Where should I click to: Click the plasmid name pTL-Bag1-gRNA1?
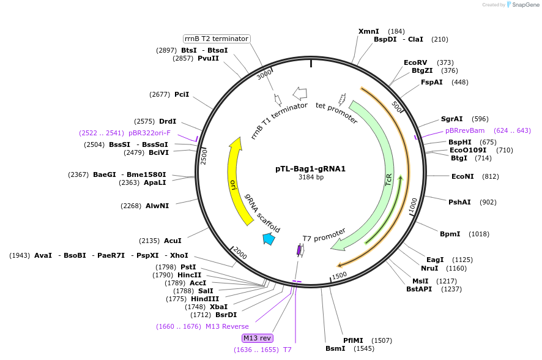[x=310, y=168]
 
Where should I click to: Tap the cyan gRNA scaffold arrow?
[x=268, y=239]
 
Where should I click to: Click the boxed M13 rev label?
[x=258, y=338]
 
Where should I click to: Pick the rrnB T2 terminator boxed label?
[x=217, y=39]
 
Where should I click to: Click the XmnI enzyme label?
[x=368, y=31]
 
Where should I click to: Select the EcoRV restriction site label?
[x=415, y=62]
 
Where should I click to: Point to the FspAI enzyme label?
[x=432, y=82]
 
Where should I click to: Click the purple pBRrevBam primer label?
[x=465, y=130]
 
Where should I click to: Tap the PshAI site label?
[x=459, y=202]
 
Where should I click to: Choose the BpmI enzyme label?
[x=450, y=234]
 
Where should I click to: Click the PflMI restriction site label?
[x=353, y=340]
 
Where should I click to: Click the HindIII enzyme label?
[x=204, y=299]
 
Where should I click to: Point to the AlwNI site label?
[x=157, y=206]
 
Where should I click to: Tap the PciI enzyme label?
[x=182, y=94]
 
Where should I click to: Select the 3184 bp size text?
[x=311, y=178]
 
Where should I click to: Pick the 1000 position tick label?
[x=413, y=205]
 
